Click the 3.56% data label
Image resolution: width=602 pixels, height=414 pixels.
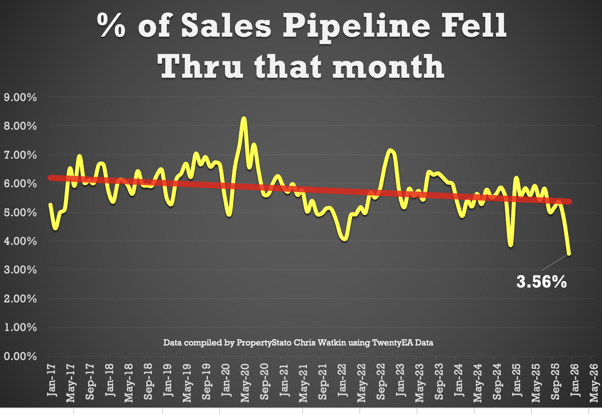541,282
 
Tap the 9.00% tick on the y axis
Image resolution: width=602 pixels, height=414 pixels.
20,97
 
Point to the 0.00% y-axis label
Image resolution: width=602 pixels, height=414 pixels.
20,356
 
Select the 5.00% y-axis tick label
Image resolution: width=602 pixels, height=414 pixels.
20,213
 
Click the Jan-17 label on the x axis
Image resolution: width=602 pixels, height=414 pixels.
52,380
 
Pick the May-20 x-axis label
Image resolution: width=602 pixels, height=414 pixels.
245,383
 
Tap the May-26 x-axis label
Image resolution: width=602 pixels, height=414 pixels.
594,383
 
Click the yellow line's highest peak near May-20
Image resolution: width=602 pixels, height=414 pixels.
243,119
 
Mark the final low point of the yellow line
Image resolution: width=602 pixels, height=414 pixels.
569,254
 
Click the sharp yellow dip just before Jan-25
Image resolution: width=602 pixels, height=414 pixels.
511,244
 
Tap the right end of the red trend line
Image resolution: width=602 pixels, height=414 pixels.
569,201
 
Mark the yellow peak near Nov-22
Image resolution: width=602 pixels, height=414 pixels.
390,151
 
